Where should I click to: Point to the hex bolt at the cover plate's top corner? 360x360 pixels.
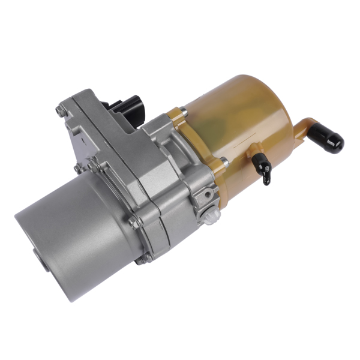click(61, 110)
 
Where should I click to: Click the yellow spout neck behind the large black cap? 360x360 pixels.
click(305, 128)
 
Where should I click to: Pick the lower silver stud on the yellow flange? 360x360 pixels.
click(223, 160)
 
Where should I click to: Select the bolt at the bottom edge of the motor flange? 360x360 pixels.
click(143, 259)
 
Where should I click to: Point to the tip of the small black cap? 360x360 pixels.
click(266, 180)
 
